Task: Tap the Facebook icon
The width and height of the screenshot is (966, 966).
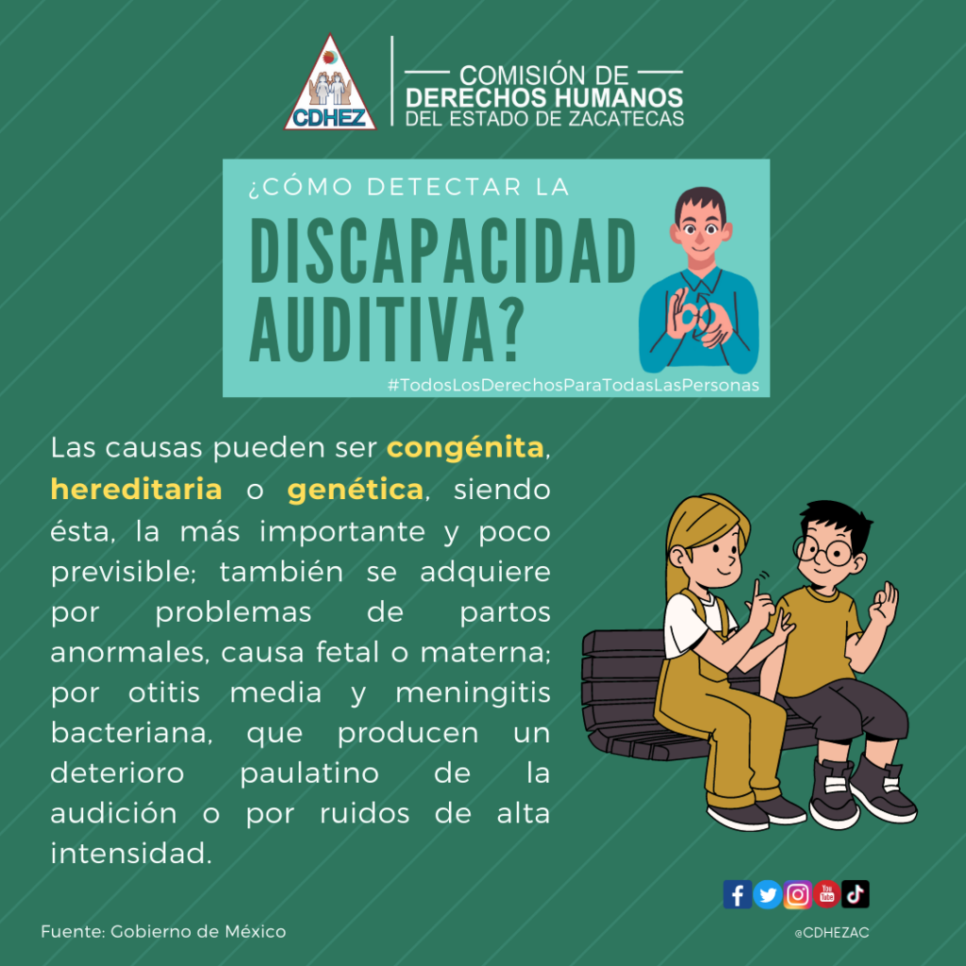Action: pos(737,894)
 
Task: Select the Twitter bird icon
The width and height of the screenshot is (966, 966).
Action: pos(767,894)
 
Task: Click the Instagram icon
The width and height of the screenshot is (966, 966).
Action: pos(797,894)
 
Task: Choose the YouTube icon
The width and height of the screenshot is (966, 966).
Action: pos(826,894)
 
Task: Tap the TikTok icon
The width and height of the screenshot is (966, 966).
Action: pos(855,894)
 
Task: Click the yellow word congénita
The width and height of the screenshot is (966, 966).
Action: pos(465,449)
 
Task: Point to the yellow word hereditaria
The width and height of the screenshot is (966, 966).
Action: pos(136,490)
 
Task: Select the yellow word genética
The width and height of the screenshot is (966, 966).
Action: pos(356,491)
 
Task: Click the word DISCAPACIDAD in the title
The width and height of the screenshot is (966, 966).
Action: pos(443,251)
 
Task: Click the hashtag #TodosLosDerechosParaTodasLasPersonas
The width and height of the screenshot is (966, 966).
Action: pos(573,386)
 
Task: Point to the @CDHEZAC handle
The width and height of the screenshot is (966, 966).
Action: pos(832,933)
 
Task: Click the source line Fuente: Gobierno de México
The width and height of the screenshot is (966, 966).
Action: pos(163,931)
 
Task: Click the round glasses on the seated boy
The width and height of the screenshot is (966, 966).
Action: pos(823,550)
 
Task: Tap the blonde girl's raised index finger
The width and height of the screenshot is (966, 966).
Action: pos(756,591)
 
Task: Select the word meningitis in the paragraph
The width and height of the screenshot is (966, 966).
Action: pos(473,694)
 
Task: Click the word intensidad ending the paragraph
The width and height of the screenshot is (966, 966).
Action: pos(130,854)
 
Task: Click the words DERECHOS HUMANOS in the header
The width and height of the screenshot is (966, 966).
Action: pos(544,97)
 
